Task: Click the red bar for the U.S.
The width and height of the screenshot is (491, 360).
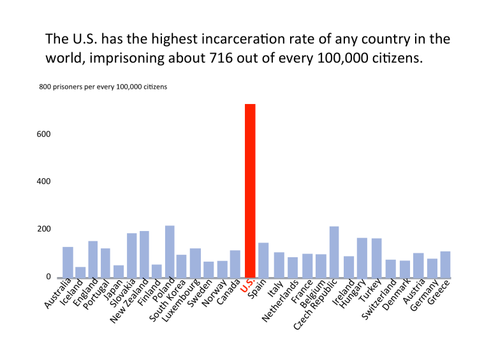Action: coord(250,191)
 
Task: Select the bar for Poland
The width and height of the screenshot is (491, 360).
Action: coord(170,252)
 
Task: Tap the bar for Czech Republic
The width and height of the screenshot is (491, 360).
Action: coord(334,253)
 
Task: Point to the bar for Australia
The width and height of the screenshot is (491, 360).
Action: coord(68,262)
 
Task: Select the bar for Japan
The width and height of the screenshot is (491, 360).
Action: coord(119,272)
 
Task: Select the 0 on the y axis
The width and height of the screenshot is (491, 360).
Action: coord(48,277)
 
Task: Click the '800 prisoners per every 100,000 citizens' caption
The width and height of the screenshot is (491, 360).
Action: coord(103,87)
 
